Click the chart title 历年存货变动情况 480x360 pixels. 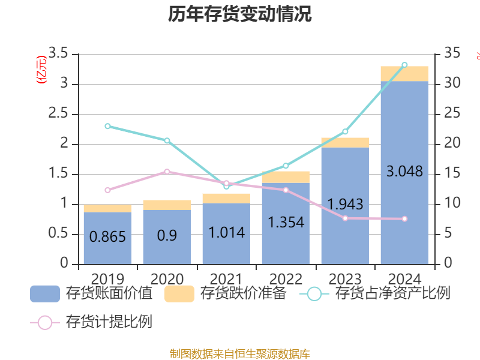[x=240, y=14]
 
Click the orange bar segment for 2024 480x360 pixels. [x=404, y=73]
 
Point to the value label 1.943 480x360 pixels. [x=345, y=204]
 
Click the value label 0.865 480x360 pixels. [x=107, y=236]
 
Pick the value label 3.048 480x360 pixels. [x=404, y=172]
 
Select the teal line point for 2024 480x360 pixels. [x=404, y=64]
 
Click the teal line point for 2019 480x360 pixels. [x=107, y=126]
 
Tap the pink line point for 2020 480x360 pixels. [x=167, y=172]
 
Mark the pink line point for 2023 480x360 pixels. [x=345, y=218]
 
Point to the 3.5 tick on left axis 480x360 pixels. [x=59, y=54]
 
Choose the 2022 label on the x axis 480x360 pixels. [x=286, y=279]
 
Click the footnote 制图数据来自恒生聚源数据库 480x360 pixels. [x=240, y=354]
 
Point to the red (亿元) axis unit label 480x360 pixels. [x=41, y=70]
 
